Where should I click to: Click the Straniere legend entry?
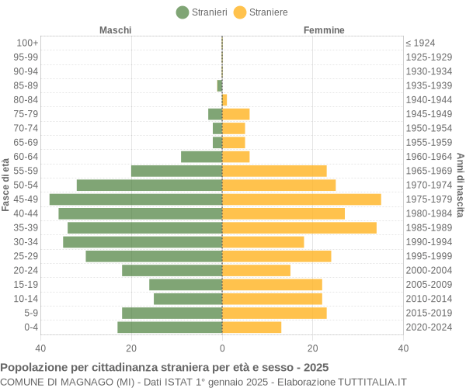point(260,12)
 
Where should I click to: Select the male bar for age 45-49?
point(136,199)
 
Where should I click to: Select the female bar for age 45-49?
point(301,199)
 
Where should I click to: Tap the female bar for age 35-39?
point(299,227)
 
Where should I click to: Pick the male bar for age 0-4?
point(169,327)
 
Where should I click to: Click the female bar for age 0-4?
point(252,327)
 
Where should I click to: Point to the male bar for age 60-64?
point(201,157)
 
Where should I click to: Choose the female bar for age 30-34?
point(263,242)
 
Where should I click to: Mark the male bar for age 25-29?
point(154,256)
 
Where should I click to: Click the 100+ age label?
point(27,43)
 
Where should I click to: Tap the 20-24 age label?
point(26,271)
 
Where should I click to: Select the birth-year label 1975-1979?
point(429,199)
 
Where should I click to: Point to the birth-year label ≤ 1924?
point(420,43)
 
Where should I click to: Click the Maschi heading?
point(115,30)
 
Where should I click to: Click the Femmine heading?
point(324,30)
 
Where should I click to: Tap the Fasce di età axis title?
point(6,185)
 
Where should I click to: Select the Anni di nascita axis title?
point(460,185)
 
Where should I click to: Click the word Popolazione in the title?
point(31,367)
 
